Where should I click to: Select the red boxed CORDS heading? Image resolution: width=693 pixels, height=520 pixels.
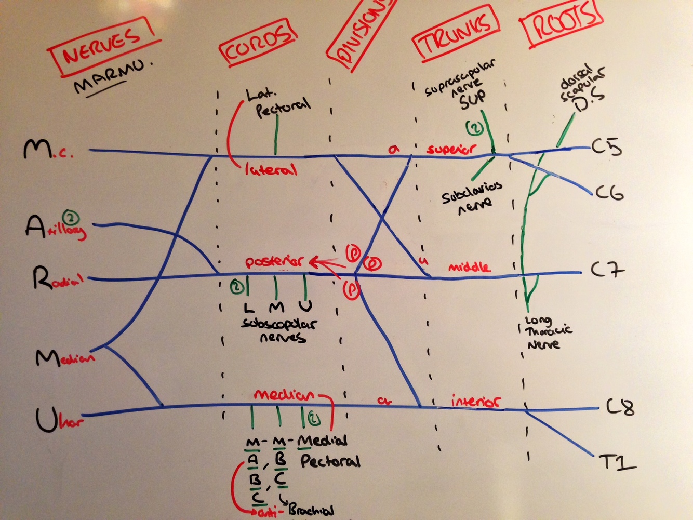click(258, 43)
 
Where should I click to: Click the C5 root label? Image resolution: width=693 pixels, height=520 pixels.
click(607, 148)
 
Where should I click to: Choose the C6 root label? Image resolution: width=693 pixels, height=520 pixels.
click(609, 193)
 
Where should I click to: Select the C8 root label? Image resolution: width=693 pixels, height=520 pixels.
click(620, 407)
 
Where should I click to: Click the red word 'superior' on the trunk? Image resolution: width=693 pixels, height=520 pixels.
click(450, 149)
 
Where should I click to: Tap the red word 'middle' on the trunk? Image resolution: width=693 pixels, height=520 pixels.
click(469, 268)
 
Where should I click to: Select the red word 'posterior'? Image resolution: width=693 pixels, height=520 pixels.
click(274, 261)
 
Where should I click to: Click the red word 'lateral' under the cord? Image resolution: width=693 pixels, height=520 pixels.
click(270, 170)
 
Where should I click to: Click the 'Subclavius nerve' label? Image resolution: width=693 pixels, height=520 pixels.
click(472, 197)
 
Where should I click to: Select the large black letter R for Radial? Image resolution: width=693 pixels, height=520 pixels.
click(42, 278)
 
